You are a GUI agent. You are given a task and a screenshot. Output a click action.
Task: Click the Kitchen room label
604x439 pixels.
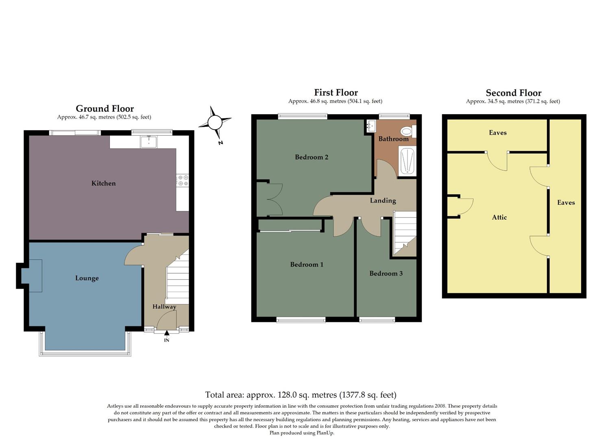click(103, 183)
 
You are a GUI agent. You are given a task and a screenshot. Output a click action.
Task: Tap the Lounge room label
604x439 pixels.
click(87, 278)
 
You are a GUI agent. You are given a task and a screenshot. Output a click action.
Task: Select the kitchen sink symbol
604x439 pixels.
click(149, 142)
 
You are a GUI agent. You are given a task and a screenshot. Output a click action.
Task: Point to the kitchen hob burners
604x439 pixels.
click(183, 180)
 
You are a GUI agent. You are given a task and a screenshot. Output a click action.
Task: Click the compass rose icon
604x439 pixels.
click(214, 122)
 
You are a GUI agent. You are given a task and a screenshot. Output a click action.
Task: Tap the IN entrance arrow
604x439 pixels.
click(167, 334)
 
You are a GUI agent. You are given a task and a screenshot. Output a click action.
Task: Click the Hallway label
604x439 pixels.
click(164, 306)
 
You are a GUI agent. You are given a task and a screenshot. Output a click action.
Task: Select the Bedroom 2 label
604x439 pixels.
click(312, 157)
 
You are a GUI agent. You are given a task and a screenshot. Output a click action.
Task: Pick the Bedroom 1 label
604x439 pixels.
click(307, 264)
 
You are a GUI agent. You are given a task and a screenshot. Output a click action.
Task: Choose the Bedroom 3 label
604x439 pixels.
click(386, 273)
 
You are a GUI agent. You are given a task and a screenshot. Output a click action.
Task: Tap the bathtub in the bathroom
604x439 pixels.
click(407, 162)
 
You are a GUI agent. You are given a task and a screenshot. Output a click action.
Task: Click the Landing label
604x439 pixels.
click(383, 200)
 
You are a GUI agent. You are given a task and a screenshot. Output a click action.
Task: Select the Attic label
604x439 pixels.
click(499, 217)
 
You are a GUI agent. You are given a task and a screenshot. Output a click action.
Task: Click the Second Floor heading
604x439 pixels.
click(513, 93)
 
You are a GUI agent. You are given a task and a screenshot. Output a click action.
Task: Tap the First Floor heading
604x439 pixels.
click(336, 93)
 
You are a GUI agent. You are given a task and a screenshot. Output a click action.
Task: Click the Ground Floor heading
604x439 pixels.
click(105, 109)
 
